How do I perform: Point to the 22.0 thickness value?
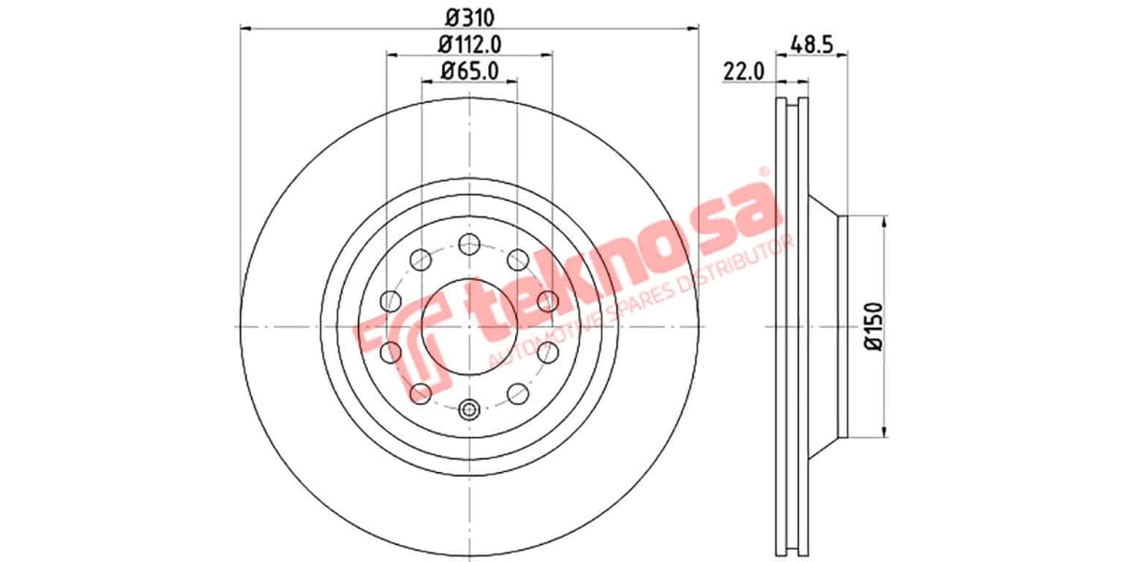[x=746, y=70]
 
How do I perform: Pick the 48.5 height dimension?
[x=811, y=43]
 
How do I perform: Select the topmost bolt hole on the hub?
[x=469, y=245]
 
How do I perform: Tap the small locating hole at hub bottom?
[x=469, y=408]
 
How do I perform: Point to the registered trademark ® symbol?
[x=763, y=172]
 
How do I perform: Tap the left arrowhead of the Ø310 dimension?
[x=245, y=29]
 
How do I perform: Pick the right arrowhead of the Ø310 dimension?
[x=694, y=29]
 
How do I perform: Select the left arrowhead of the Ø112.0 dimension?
[x=391, y=55]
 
